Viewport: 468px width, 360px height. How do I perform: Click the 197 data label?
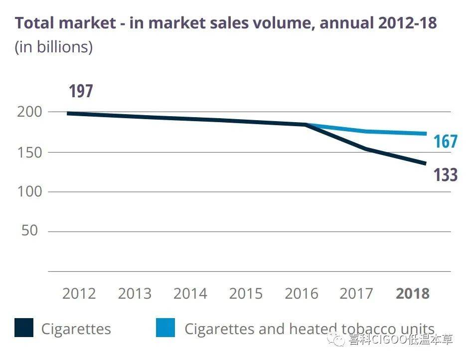[81, 92]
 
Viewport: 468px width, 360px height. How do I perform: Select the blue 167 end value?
[445, 142]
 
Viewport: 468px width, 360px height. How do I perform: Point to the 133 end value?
[445, 175]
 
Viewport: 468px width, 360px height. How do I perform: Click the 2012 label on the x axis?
[79, 293]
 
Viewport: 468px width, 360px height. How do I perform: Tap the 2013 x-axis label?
[135, 293]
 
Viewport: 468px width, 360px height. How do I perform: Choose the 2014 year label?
[190, 293]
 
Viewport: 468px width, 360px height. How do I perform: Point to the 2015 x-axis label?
[246, 293]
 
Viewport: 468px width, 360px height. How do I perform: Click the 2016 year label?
[302, 293]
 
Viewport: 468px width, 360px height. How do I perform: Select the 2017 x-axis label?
[356, 293]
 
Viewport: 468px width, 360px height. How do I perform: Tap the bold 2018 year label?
[413, 293]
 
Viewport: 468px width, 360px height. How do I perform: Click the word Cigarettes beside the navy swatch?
[76, 329]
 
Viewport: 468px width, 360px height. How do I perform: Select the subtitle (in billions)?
[54, 47]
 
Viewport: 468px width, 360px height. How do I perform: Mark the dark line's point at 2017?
[366, 149]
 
